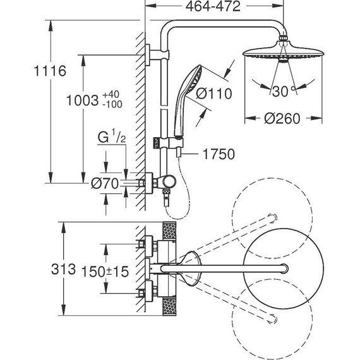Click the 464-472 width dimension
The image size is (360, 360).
point(213,6)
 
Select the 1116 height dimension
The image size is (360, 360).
point(50,71)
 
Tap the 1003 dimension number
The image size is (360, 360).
point(83,100)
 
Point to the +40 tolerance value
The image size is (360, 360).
point(111,94)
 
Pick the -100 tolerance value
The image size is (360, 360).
point(112,104)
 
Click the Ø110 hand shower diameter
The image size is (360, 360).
point(214,93)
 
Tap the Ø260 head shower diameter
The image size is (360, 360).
point(282,119)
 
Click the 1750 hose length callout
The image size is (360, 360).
point(219,154)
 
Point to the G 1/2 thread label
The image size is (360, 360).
point(112,136)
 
